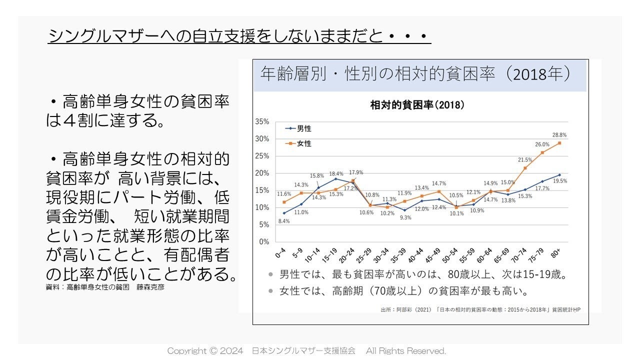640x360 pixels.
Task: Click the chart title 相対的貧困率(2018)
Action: (x=417, y=105)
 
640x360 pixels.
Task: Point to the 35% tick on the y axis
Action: (x=262, y=121)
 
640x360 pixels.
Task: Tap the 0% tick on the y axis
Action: (x=264, y=241)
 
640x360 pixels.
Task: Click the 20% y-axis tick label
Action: (x=262, y=173)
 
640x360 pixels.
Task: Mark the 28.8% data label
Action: (x=559, y=135)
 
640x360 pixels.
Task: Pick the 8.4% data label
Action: (x=284, y=221)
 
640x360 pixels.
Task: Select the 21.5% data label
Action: (x=525, y=160)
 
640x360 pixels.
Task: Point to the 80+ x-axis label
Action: (x=556, y=254)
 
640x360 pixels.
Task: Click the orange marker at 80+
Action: (x=559, y=143)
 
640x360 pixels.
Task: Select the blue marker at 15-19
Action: (x=335, y=178)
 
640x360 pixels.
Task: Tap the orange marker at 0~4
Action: (x=284, y=202)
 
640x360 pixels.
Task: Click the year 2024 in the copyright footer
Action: (x=232, y=351)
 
